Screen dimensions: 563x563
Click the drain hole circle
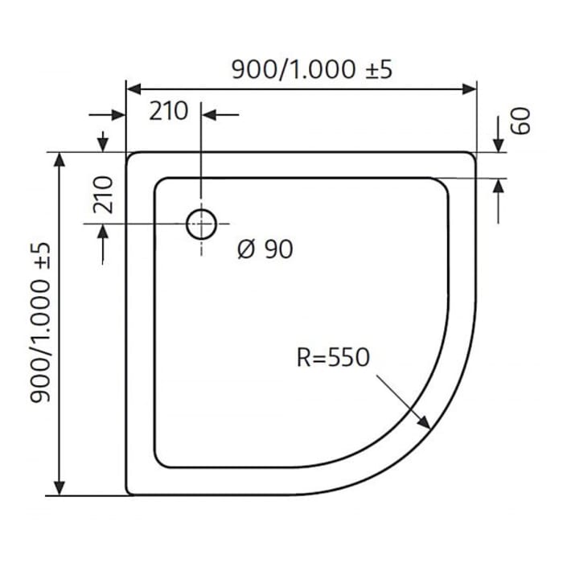(200, 224)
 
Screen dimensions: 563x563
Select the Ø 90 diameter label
(265, 249)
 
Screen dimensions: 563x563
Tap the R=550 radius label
(332, 358)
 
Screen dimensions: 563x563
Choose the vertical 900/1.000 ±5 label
(42, 323)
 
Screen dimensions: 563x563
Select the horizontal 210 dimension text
(168, 111)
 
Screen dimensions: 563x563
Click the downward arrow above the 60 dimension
(498, 145)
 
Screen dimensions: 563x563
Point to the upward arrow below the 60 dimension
(498, 186)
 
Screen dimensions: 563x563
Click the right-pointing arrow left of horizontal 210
(120, 115)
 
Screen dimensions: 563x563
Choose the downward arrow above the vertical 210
(103, 144)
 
